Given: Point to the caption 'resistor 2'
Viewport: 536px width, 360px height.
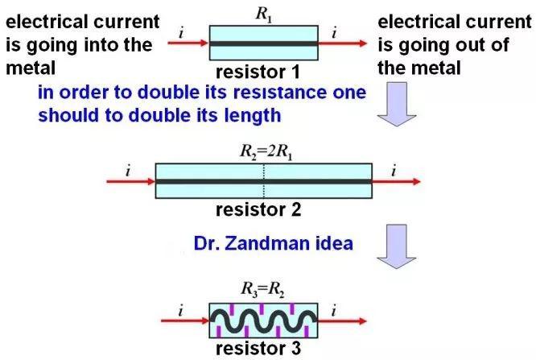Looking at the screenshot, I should coord(259,210).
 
